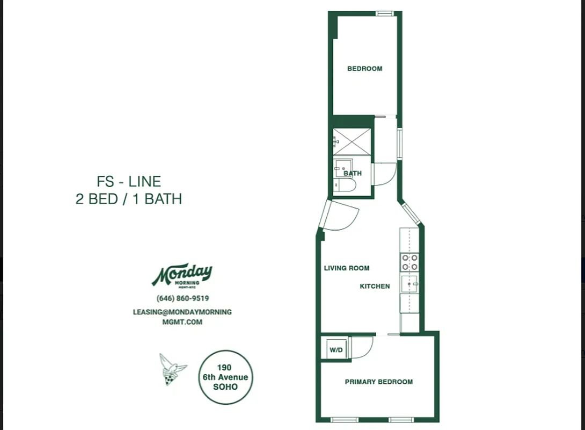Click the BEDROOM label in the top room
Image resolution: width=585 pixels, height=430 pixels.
tap(364, 69)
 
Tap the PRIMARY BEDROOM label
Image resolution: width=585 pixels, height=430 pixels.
tap(378, 382)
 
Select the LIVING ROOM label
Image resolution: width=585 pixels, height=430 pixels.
tap(347, 268)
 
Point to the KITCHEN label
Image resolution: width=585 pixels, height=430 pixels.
tap(375, 286)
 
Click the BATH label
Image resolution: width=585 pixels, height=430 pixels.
tap(353, 174)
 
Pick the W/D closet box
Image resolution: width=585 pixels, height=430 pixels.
tap(336, 350)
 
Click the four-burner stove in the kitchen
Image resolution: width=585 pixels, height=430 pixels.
tap(409, 262)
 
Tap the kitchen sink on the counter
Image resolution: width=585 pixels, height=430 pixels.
tap(409, 284)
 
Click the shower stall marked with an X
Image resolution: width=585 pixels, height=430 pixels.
tap(352, 142)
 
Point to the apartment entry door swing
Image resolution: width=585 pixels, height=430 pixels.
tap(340, 215)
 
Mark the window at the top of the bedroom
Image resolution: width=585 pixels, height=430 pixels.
tap(384, 13)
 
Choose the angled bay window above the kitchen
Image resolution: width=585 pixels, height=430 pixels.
tap(412, 213)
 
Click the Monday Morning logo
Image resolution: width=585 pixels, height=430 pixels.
tap(182, 276)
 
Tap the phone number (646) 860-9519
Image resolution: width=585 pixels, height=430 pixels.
tap(182, 299)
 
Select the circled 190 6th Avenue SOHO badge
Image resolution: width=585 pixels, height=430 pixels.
tap(225, 377)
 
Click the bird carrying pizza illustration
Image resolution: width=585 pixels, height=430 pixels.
tap(172, 369)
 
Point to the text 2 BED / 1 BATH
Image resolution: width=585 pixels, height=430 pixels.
tap(129, 199)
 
